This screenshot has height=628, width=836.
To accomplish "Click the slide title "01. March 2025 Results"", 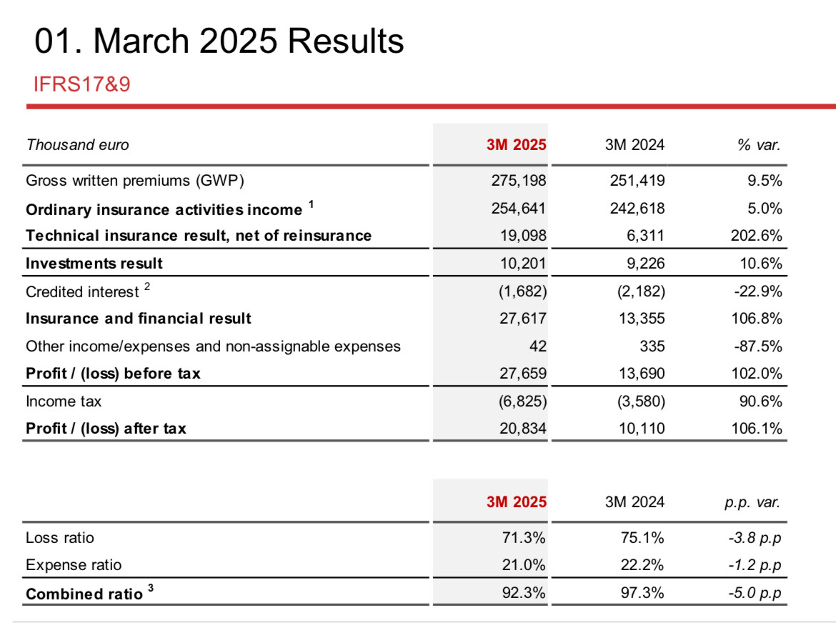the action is click(x=219, y=41).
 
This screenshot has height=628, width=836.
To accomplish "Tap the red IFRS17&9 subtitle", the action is click(x=81, y=84).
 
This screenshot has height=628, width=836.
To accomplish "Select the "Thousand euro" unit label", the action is click(x=77, y=145).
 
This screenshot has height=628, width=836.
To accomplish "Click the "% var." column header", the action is click(x=759, y=145).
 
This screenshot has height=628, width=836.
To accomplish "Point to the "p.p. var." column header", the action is click(x=752, y=502).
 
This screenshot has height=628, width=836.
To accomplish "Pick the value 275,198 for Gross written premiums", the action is click(x=519, y=181).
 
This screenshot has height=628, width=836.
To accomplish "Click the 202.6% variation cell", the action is click(x=756, y=236).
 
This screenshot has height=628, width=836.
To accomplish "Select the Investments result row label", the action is click(x=94, y=264).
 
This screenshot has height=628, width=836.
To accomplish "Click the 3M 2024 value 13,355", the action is click(x=642, y=319).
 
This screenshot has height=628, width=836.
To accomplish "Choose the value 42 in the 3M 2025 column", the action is click(x=537, y=347).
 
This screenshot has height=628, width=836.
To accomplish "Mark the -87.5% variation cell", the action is click(x=757, y=347).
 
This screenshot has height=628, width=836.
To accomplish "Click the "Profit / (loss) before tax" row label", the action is click(x=113, y=374).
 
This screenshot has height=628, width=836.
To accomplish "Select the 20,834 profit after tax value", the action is click(x=522, y=429).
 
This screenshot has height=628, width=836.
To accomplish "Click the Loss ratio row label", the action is click(x=60, y=538).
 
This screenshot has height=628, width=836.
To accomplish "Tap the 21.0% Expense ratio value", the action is click(x=524, y=565).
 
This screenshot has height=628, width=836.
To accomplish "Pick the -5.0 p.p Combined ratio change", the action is click(x=755, y=593).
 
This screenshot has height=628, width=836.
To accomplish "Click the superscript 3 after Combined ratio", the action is click(x=151, y=588).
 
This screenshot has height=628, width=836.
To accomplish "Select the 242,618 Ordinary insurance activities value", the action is click(x=637, y=209).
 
